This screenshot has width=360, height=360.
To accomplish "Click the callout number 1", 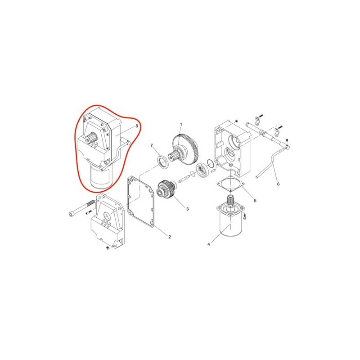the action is tap(181, 124).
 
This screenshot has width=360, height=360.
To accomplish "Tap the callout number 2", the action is tap(170, 237).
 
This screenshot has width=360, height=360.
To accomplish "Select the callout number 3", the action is tap(187, 209).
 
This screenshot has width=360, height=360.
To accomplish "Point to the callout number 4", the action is tap(208, 244).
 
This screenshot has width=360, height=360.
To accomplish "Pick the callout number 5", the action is tap(255, 200).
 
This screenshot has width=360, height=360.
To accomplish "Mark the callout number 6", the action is tap(278, 184).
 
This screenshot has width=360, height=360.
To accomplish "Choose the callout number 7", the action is tap(151, 145).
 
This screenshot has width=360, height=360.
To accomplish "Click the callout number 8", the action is tap(137, 126).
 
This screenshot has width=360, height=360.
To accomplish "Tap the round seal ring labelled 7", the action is tap(163, 162).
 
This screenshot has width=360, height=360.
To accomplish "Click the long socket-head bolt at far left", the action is tap(81, 208).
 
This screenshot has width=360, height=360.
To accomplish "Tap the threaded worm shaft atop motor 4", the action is tap(230, 200).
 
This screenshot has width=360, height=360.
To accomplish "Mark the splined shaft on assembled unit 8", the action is tap(91, 137).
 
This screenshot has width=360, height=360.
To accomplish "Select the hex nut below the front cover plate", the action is tap(108, 247).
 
